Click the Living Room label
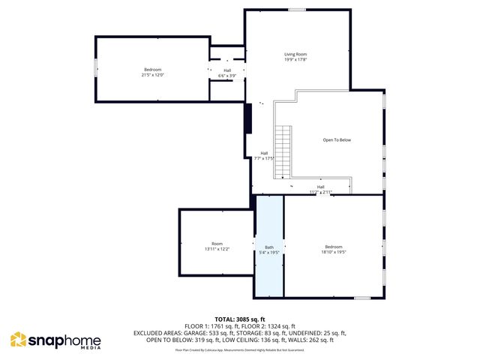[295, 55]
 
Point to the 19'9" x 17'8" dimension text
[295, 61]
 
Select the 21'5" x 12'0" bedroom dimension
[152, 75]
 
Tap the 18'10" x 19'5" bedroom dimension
[334, 252]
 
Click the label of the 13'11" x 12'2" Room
[217, 243]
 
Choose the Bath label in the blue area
[268, 247]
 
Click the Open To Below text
[337, 139]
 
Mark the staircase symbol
[283, 150]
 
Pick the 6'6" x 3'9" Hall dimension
[227, 76]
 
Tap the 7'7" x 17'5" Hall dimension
[264, 158]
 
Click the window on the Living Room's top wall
[297, 10]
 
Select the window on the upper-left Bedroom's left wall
[95, 67]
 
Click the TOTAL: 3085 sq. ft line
[240, 319]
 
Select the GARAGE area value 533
[220, 332]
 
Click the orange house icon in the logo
[18, 340]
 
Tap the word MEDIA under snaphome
[90, 349]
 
